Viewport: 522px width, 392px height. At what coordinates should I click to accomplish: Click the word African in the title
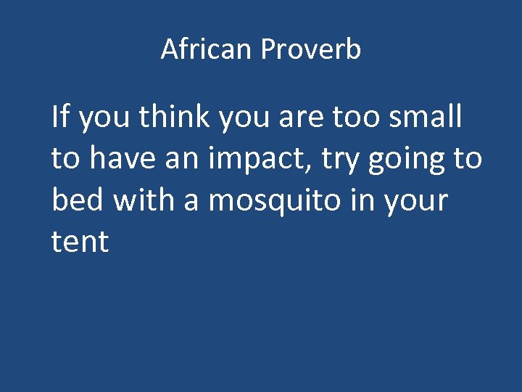207,50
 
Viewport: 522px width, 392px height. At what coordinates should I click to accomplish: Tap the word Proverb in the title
311,50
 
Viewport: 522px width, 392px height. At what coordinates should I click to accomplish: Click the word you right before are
245,119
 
